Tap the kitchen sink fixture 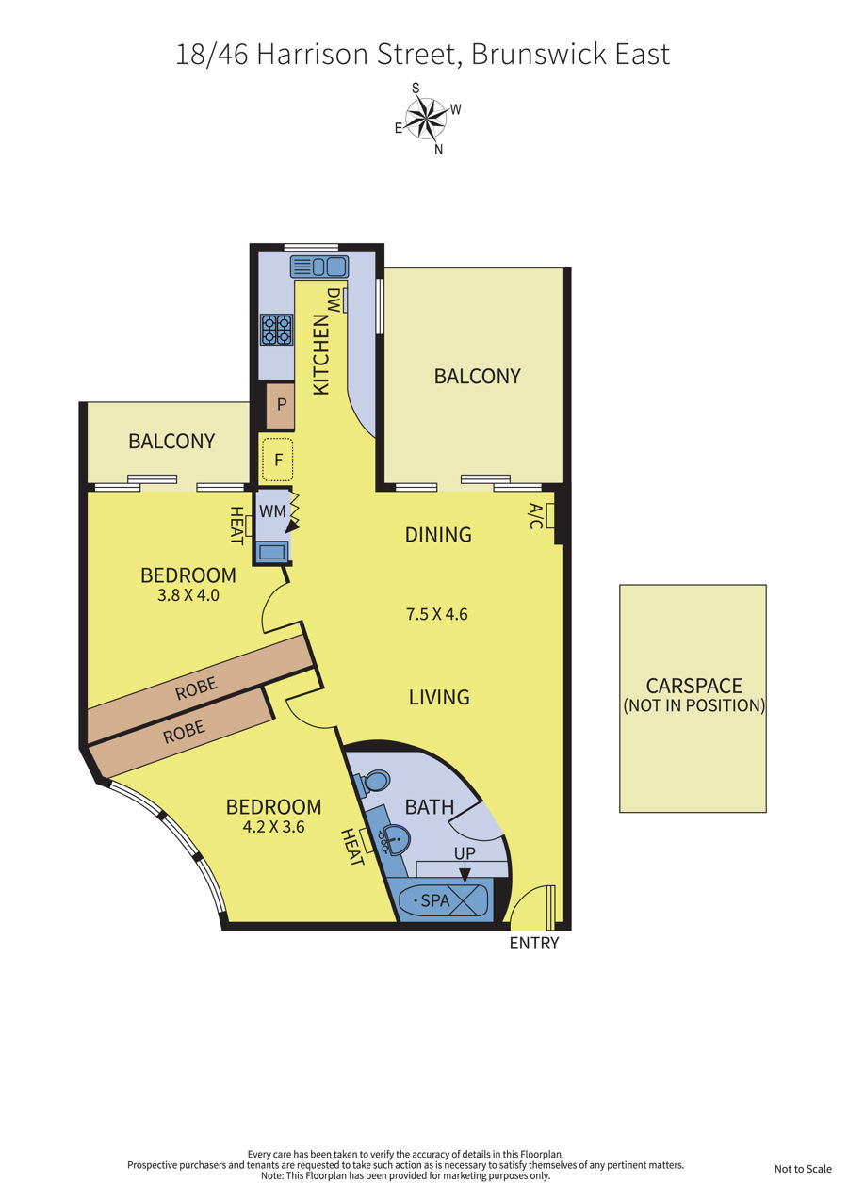[319, 267]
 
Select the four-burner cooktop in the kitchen [277, 330]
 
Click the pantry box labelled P [281, 406]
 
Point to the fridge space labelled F [277, 460]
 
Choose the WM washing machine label [272, 511]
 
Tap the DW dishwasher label [334, 300]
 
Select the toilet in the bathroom [372, 783]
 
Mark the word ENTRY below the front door [534, 944]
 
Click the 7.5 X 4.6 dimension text [436, 614]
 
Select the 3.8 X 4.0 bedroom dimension [188, 595]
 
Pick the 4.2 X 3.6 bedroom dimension [273, 827]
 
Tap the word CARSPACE [693, 686]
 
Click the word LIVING [439, 697]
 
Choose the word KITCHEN [320, 354]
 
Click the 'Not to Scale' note [803, 1169]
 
